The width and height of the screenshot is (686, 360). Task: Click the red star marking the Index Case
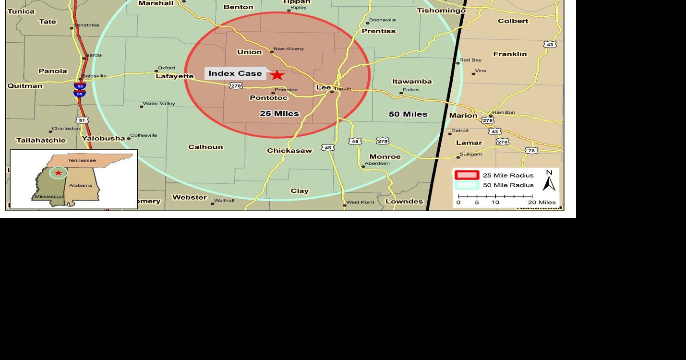tap(277, 75)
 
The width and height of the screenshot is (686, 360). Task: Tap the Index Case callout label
tap(235, 73)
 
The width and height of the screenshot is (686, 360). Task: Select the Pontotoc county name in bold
tap(268, 98)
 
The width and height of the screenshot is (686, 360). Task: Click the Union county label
tap(250, 52)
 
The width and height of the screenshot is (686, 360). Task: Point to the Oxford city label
tap(166, 68)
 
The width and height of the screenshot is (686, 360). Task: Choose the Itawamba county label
tap(412, 82)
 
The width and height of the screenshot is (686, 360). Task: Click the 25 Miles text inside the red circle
tap(279, 114)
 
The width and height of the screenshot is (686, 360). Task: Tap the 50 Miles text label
tap(408, 114)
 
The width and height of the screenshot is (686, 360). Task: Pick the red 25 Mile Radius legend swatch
tap(467, 175)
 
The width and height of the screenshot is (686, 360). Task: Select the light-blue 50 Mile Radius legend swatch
tap(467, 185)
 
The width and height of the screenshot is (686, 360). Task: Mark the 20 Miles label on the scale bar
tap(542, 203)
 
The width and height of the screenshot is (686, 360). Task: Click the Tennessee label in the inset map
tap(82, 160)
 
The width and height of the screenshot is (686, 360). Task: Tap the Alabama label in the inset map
tap(81, 185)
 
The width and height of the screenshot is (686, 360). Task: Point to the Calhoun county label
tap(205, 147)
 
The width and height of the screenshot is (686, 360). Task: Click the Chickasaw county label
tap(289, 151)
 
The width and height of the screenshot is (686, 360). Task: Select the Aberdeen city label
tap(377, 163)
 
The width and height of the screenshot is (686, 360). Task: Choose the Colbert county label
tap(513, 21)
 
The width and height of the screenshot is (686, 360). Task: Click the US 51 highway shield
tap(82, 120)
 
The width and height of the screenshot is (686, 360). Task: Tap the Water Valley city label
tap(159, 104)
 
